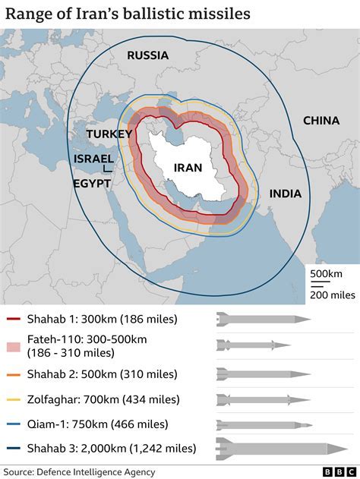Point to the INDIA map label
pos(285,194)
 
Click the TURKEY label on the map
pos(109,134)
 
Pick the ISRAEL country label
pos(93,159)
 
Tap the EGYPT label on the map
pos(91,184)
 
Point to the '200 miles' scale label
pos(328,295)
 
